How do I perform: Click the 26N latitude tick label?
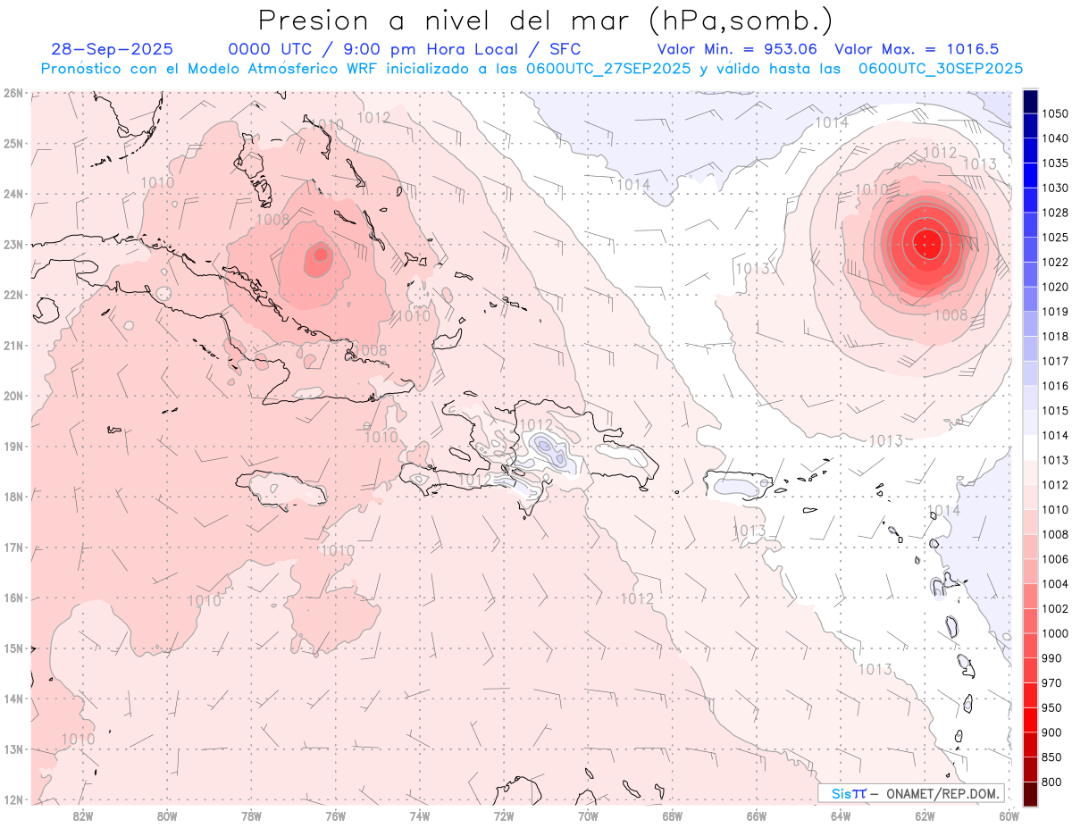(13, 93)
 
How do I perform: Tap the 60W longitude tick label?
(1009, 815)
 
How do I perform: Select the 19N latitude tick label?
(13, 446)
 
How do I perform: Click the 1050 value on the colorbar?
(1055, 113)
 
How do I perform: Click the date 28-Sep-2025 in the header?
(113, 49)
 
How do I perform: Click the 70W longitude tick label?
(588, 815)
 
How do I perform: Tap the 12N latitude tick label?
(13, 799)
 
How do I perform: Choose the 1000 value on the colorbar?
(1055, 633)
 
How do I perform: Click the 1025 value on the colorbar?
(1055, 238)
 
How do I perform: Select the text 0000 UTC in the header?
(265, 49)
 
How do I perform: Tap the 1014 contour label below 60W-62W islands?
(943, 510)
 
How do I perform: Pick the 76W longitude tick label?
(335, 815)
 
